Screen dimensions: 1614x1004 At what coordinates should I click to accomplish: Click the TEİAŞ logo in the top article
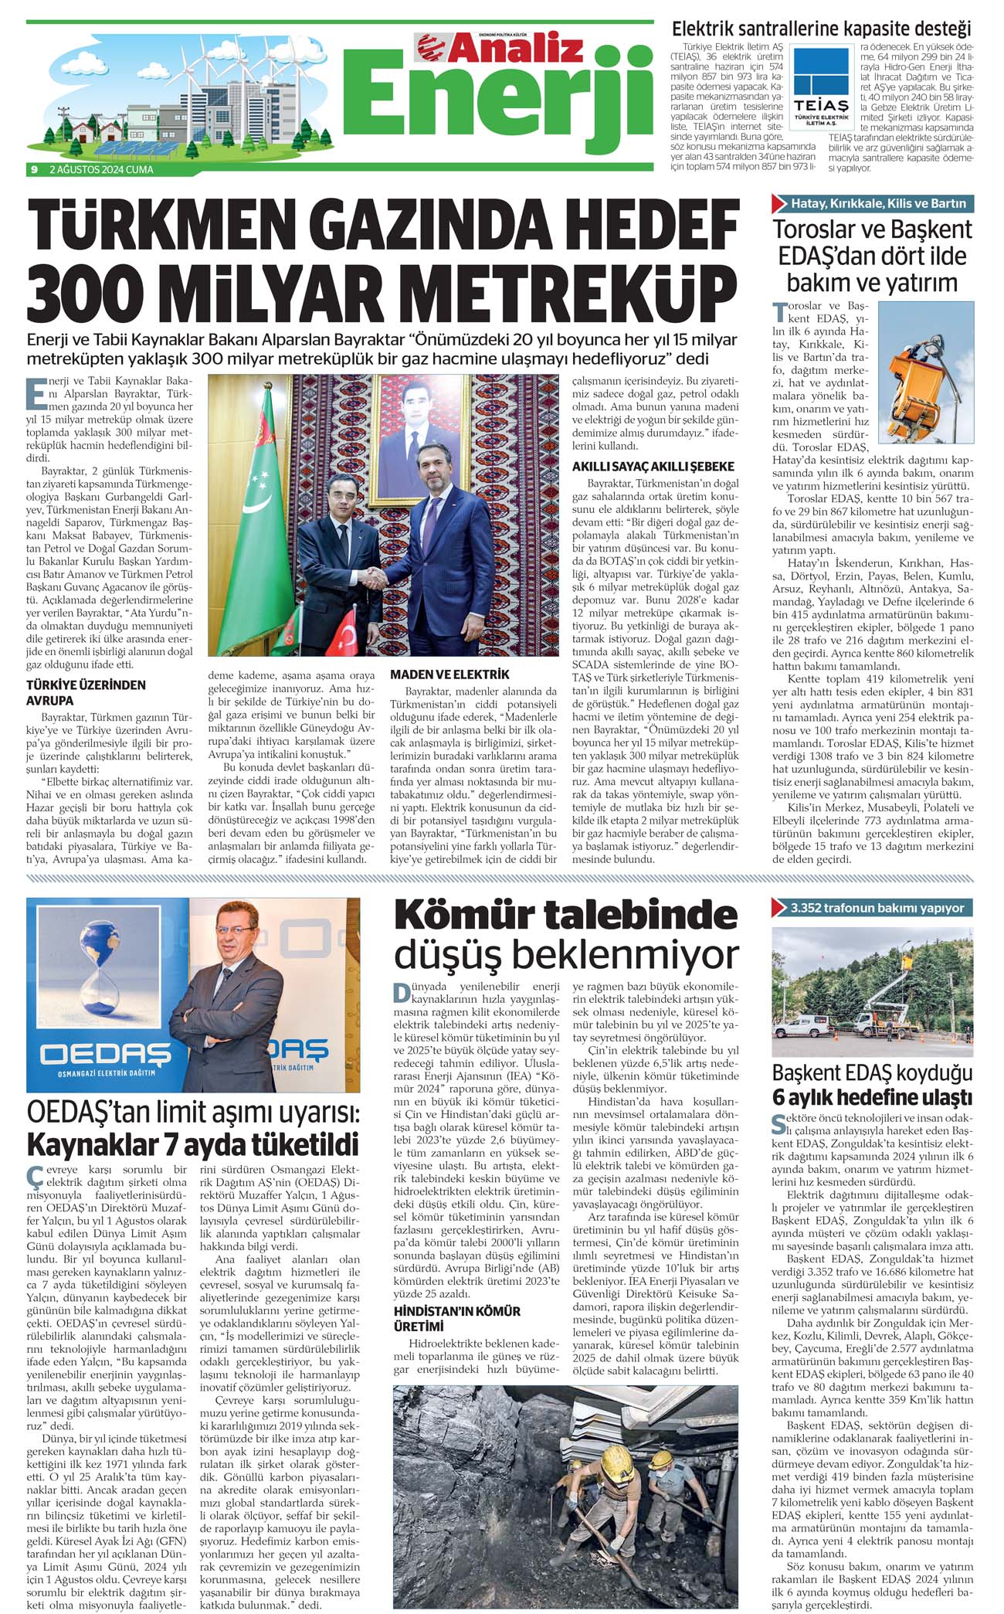pyautogui.click(x=823, y=87)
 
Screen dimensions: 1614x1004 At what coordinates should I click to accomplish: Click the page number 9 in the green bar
pyautogui.click(x=34, y=169)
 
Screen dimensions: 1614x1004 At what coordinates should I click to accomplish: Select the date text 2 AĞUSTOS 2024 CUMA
pyautogui.click(x=101, y=169)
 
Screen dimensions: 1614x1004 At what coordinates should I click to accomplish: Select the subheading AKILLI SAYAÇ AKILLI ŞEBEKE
pyautogui.click(x=653, y=467)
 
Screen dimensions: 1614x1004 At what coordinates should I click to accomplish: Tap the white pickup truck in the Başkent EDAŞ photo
pyautogui.click(x=802, y=1026)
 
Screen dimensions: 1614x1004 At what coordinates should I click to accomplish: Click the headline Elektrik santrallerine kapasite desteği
pyautogui.click(x=821, y=30)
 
